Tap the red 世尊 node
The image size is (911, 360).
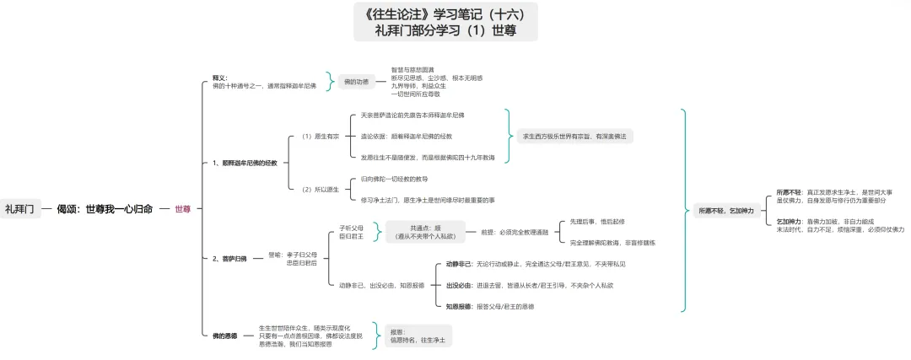click(x=183, y=208)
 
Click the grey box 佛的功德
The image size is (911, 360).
click(x=357, y=81)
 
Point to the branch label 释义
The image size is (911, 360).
click(x=220, y=77)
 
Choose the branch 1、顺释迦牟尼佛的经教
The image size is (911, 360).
click(x=245, y=162)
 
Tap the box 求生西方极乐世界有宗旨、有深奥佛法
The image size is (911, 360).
click(x=579, y=135)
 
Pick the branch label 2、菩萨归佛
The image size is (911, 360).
click(x=229, y=258)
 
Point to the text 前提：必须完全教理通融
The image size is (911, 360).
click(x=515, y=232)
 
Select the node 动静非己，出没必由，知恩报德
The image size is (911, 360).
click(x=375, y=285)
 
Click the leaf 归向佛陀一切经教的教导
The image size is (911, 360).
click(x=394, y=179)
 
